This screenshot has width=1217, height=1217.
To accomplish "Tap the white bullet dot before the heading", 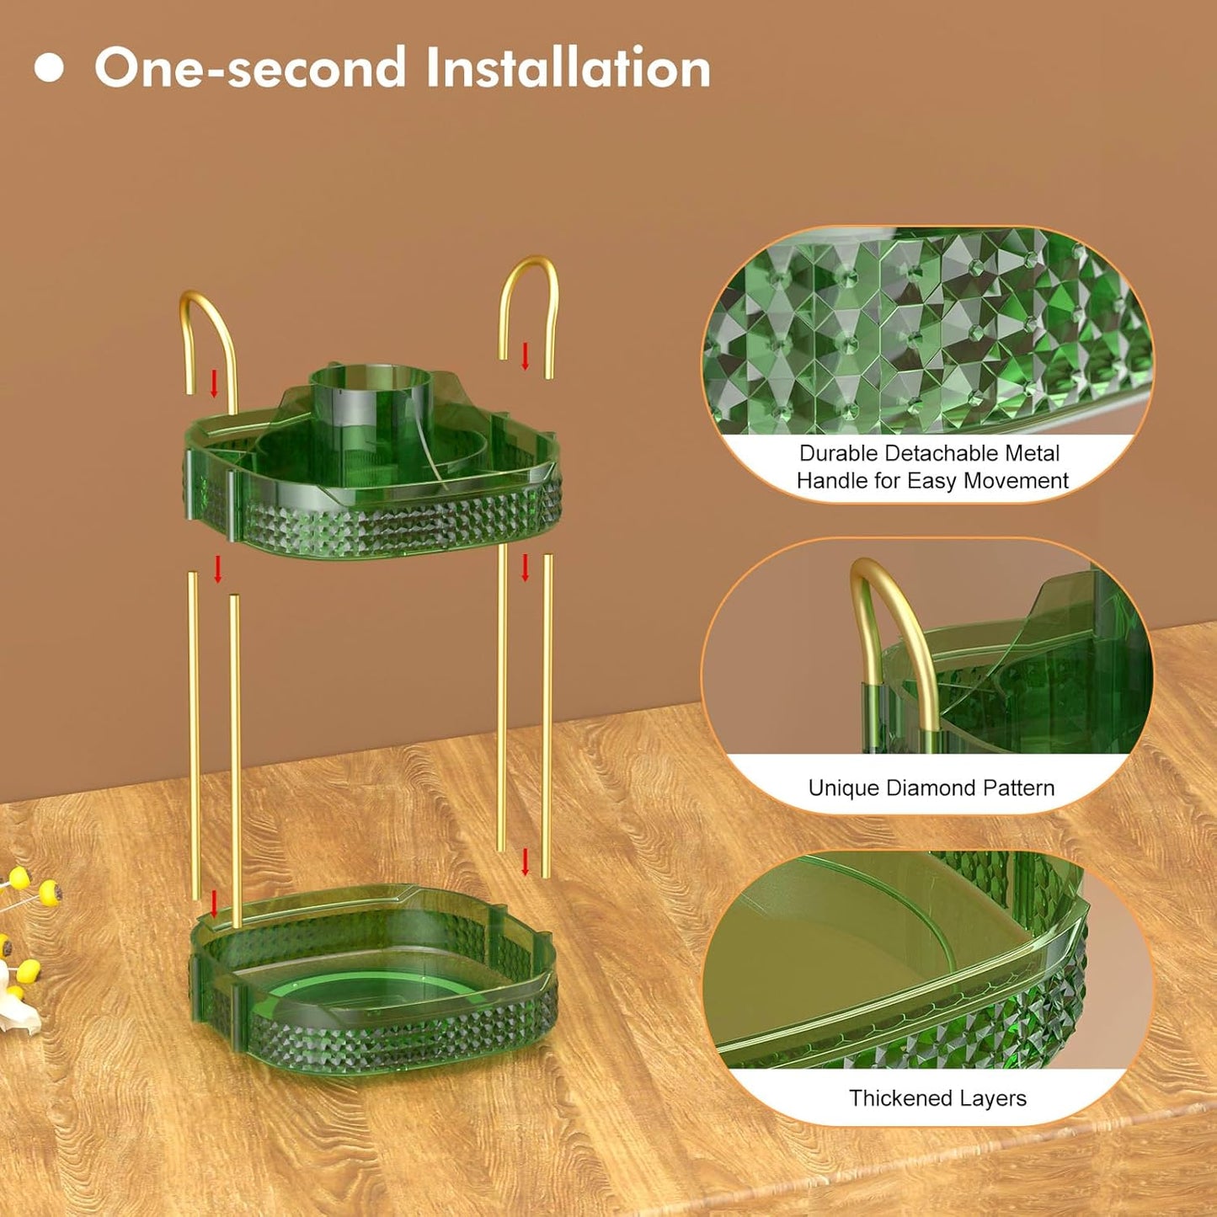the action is pos(49,67).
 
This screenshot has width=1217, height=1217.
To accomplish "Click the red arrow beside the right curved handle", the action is pos(525,356).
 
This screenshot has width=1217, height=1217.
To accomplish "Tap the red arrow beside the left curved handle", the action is pos(214,384).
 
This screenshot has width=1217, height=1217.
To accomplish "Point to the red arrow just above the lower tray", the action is pos(214,904).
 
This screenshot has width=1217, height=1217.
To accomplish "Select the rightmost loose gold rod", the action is pos(547,716).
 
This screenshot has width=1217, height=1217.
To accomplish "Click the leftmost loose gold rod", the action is pos(193,735).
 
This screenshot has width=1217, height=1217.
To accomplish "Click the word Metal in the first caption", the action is pos(1034,453).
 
